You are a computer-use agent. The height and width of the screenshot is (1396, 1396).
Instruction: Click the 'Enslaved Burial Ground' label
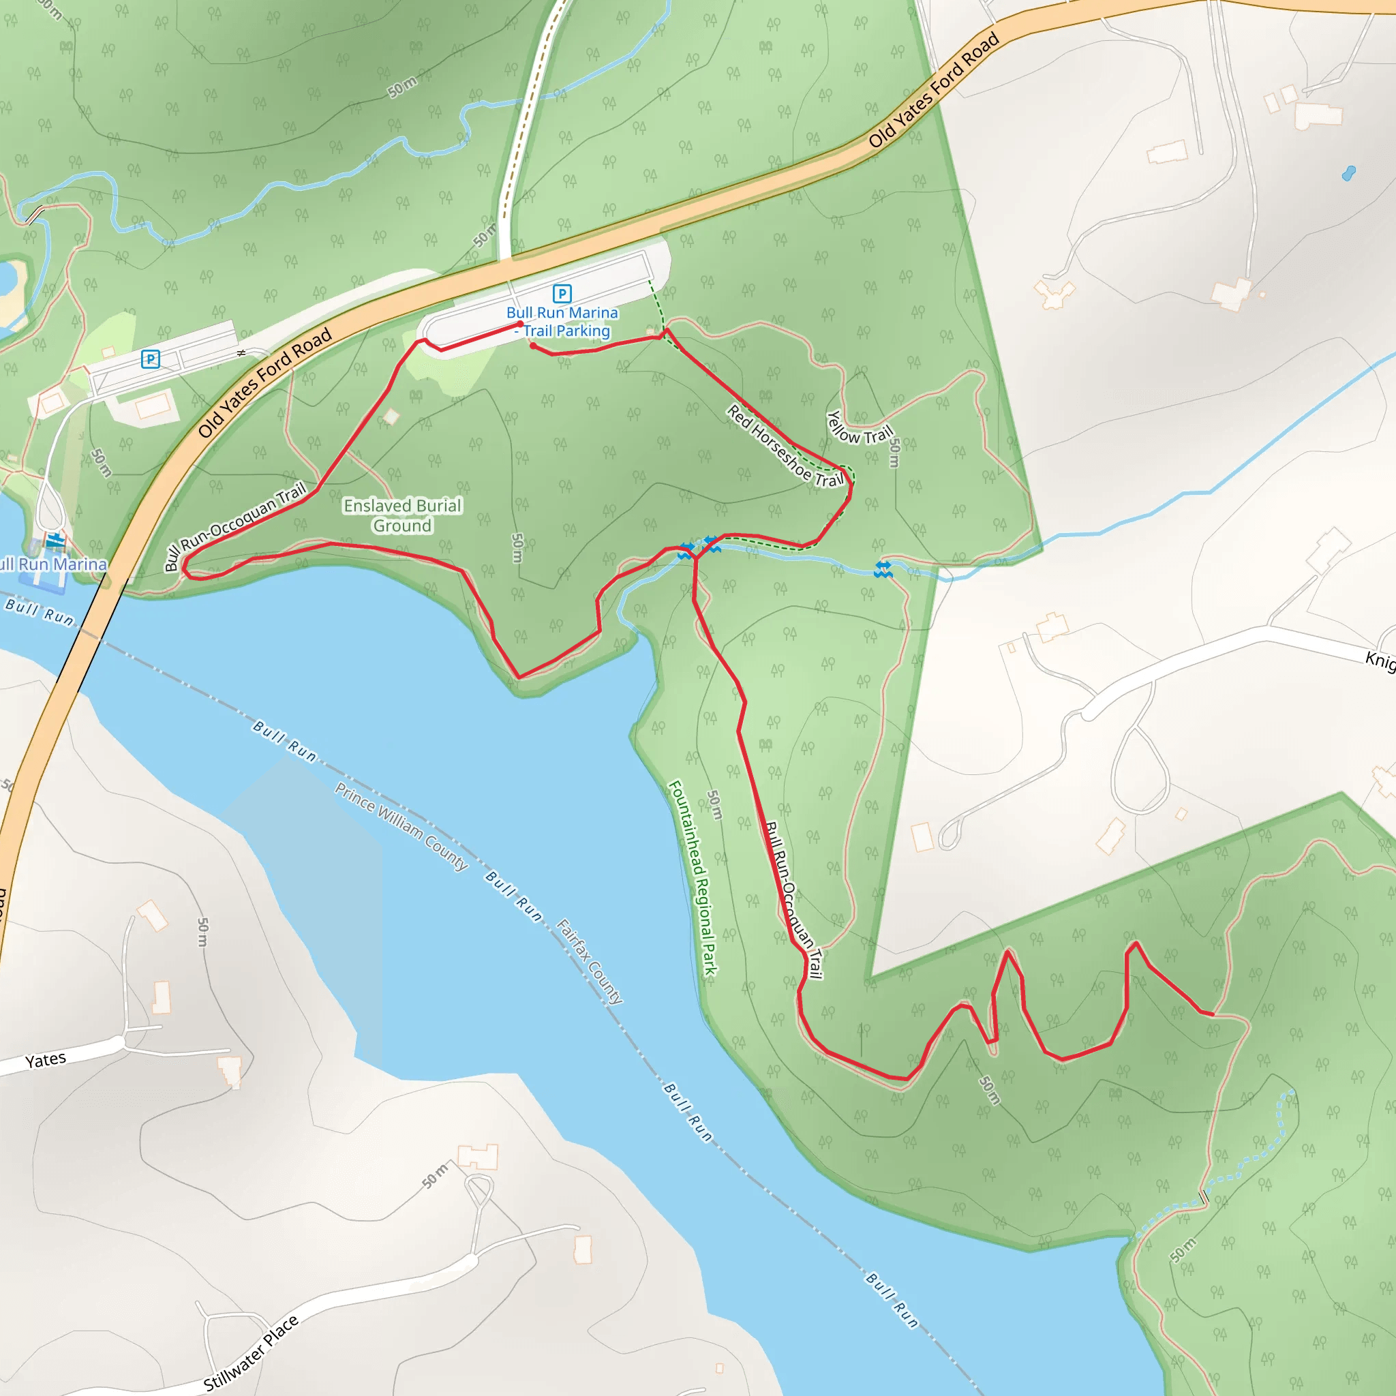pos(402,515)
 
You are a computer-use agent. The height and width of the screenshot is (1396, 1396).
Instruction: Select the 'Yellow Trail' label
pos(859,429)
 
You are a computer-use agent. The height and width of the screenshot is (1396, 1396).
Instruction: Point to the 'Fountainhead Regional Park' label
pos(693,877)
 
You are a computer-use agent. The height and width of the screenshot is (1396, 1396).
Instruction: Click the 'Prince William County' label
pos(401,827)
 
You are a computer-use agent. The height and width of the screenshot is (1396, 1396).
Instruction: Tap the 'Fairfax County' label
pos(590,961)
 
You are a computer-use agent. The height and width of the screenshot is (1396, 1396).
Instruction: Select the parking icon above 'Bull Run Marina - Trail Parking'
pos(562,293)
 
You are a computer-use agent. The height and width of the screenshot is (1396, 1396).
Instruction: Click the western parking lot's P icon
pos(150,359)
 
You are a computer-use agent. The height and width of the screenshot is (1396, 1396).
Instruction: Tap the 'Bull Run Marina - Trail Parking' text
pos(563,322)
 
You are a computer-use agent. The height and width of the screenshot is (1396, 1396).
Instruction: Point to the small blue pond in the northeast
pos(1348,172)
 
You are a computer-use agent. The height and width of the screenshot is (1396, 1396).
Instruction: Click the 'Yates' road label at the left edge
pos(46,1060)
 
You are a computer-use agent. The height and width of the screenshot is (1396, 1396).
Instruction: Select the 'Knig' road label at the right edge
pos(1380,660)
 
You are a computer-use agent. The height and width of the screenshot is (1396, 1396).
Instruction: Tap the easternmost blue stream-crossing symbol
pos(883,569)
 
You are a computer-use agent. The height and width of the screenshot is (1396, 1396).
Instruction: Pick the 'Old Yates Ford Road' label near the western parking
pos(264,382)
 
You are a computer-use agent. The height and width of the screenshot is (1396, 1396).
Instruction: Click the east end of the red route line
pos(1212,1015)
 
